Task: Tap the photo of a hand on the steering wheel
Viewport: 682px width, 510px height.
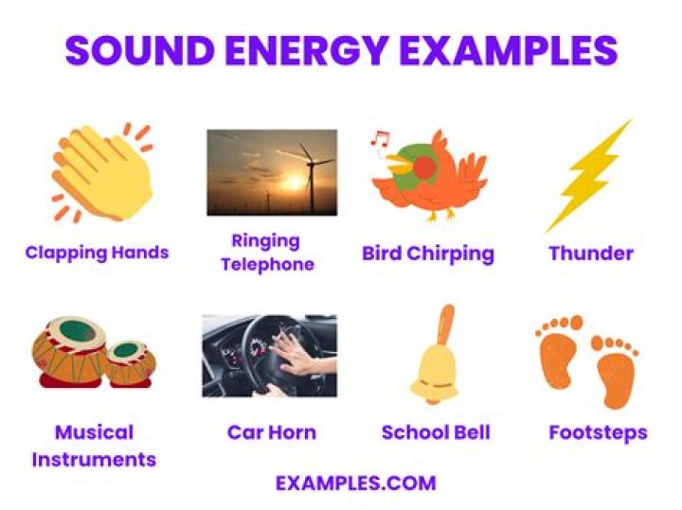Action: [x=269, y=356]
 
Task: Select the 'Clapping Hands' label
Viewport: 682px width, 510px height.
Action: [x=97, y=253]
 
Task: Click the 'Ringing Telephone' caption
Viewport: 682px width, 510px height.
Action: [x=266, y=253]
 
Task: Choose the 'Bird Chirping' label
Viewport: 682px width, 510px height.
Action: [x=428, y=254]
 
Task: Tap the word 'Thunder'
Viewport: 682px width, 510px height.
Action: [x=591, y=254]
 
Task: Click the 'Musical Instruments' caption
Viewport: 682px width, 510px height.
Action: [x=94, y=446]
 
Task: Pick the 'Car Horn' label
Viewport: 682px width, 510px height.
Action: [x=272, y=432]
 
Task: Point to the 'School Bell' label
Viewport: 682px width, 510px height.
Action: [x=436, y=432]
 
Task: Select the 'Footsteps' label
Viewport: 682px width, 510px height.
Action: [x=598, y=432]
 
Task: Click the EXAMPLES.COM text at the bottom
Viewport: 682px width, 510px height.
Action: [x=356, y=484]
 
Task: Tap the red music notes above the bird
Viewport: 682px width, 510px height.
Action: [x=381, y=139]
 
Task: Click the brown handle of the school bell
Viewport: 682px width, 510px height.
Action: [x=445, y=325]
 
